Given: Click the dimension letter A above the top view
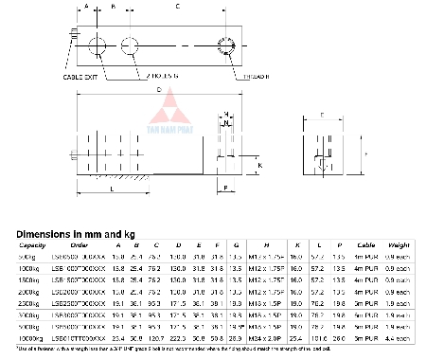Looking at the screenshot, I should click(x=88, y=6).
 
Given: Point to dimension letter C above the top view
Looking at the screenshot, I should click(x=177, y=6).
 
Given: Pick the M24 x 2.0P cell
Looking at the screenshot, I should click(x=273, y=336).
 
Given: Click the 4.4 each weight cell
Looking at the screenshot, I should click(x=399, y=336).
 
